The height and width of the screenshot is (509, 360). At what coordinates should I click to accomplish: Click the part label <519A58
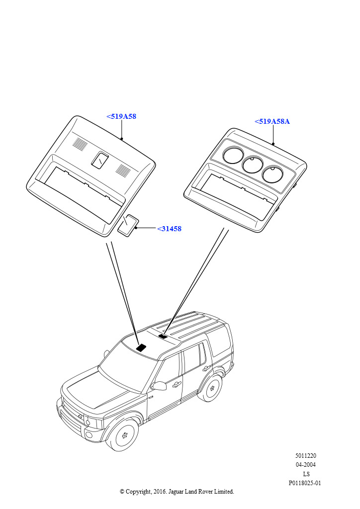pyautogui.click(x=121, y=116)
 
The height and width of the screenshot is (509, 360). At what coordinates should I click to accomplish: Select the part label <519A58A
pyautogui.click(x=272, y=121)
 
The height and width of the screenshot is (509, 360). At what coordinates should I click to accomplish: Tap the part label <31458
pyautogui.click(x=169, y=229)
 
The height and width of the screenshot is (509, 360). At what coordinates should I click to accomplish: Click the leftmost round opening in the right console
pyautogui.click(x=233, y=155)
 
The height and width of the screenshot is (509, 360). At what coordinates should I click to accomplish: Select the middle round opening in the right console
pyautogui.click(x=253, y=164)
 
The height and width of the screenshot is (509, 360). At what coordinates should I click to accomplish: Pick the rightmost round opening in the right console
pyautogui.click(x=272, y=173)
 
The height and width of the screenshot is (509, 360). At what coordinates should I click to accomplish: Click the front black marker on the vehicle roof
pyautogui.click(x=142, y=347)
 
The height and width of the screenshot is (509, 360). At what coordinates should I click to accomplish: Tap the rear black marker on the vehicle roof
pyautogui.click(x=163, y=337)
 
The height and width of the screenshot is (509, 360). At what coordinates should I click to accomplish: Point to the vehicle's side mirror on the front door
pyautogui.click(x=159, y=386)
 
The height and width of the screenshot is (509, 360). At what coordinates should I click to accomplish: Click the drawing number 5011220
pyautogui.click(x=305, y=456)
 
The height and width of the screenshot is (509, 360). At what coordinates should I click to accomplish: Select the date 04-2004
pyautogui.click(x=305, y=465)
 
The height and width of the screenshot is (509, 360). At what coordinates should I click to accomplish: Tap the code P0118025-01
pyautogui.click(x=305, y=483)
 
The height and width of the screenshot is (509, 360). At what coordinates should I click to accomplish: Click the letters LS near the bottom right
pyautogui.click(x=306, y=474)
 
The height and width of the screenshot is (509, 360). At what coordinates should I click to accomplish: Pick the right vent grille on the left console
pyautogui.click(x=123, y=170)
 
